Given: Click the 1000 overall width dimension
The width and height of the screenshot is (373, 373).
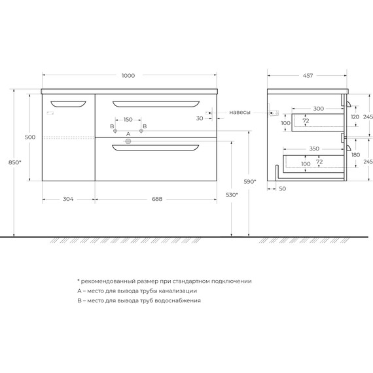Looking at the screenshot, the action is [128, 76].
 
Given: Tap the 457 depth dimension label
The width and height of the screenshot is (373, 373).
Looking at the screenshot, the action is [308, 76].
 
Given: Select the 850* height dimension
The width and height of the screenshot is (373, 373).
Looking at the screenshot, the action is [15, 162].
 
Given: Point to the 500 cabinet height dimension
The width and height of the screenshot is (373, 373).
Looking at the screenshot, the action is [30, 137].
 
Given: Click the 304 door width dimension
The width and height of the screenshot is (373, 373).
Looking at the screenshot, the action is [68, 199].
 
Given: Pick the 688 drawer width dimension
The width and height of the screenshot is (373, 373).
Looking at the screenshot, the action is [157, 199].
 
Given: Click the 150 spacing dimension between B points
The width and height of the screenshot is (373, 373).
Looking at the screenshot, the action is [128, 119].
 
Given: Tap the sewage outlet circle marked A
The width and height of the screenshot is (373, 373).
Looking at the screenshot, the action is [128, 141].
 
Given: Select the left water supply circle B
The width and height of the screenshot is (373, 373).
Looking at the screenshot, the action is [115, 131].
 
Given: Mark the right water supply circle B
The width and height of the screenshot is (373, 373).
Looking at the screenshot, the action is [141, 131].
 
